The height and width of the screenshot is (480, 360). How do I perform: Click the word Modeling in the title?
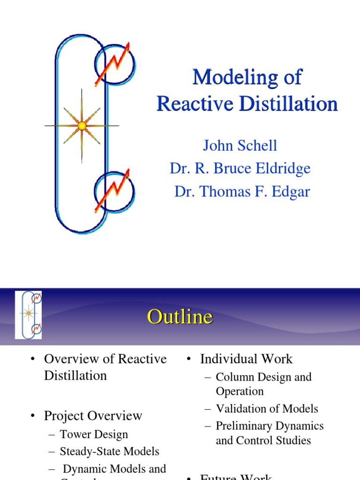click(x=223, y=77)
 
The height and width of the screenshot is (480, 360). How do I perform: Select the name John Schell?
click(x=240, y=145)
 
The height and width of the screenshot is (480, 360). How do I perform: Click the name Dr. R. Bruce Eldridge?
click(x=240, y=168)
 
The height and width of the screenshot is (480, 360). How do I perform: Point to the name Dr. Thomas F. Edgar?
click(x=242, y=191)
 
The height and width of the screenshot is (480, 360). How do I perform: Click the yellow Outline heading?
click(x=180, y=317)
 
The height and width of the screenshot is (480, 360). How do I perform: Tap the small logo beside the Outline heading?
click(x=29, y=315)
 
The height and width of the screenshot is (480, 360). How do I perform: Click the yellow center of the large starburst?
click(x=82, y=126)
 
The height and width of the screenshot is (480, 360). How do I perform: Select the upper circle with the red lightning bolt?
click(x=115, y=64)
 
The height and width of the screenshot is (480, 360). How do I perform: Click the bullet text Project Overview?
click(x=93, y=416)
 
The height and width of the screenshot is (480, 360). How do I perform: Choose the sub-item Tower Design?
click(x=94, y=435)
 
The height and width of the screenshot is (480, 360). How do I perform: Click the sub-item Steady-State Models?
click(x=109, y=452)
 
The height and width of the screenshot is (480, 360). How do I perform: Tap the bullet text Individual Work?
click(x=246, y=359)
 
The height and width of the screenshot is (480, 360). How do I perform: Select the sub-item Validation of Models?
click(x=267, y=409)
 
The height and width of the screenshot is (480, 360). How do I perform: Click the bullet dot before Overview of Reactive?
click(x=32, y=360)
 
